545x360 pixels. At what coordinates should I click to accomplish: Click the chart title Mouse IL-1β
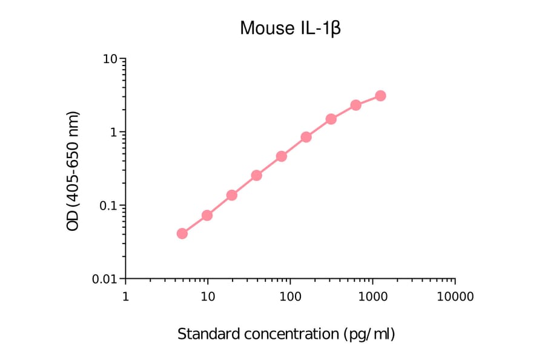point(291,28)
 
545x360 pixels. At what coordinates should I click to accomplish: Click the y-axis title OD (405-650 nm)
point(73,171)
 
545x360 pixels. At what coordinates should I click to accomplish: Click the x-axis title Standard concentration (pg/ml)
point(286,334)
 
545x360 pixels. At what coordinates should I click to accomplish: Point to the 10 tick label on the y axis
point(110,59)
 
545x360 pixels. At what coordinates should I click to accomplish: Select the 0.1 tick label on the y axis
point(108,206)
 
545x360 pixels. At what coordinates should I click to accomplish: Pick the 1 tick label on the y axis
point(114,133)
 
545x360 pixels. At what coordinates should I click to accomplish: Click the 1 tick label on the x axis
point(125,296)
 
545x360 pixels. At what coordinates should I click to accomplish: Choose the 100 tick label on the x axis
point(290,296)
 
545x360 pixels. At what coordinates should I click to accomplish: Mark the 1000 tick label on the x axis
point(372,296)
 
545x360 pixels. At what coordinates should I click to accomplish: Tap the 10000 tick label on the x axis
point(455,296)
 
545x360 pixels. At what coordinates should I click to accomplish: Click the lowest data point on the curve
point(182,233)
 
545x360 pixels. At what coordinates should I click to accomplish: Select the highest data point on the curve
point(380,96)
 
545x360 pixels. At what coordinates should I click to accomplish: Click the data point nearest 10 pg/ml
point(207,215)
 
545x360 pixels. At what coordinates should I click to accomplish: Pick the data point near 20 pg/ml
point(232,195)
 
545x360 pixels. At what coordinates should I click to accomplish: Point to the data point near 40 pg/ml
point(257,175)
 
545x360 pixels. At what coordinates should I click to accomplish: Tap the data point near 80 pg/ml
point(282,156)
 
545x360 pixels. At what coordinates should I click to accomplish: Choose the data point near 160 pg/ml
point(306,137)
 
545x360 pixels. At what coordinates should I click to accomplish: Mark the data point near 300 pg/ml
point(331,119)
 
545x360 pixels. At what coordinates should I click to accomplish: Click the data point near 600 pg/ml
point(356,105)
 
